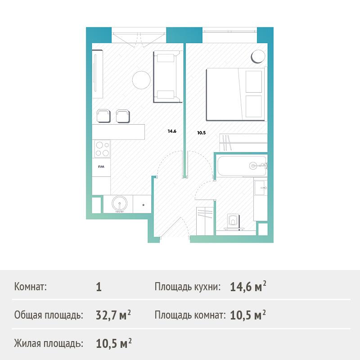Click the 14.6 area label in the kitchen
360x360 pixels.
tap(172, 131)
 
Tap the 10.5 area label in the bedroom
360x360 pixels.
tap(201, 133)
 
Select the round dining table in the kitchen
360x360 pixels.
tap(141, 80)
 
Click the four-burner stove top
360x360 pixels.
tap(102, 149)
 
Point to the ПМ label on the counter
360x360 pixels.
tap(101, 166)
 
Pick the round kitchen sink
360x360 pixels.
tap(119, 203)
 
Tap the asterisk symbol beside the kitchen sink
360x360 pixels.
tap(143, 205)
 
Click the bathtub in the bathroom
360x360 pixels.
tap(242, 166)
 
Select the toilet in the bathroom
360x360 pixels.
tap(233, 222)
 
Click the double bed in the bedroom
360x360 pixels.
tap(236, 94)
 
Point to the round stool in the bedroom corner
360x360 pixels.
tap(258, 56)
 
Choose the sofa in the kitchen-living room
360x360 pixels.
tap(167, 77)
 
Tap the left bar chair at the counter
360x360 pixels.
tap(103, 116)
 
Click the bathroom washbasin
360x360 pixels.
tap(261, 188)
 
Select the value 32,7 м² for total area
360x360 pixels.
tap(113, 315)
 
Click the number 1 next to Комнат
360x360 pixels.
tap(99, 287)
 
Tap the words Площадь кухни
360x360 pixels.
tap(187, 287)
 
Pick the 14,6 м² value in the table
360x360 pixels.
tap(248, 287)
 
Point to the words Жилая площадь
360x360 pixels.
tap(49, 343)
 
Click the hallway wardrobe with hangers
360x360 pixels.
tap(205, 221)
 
